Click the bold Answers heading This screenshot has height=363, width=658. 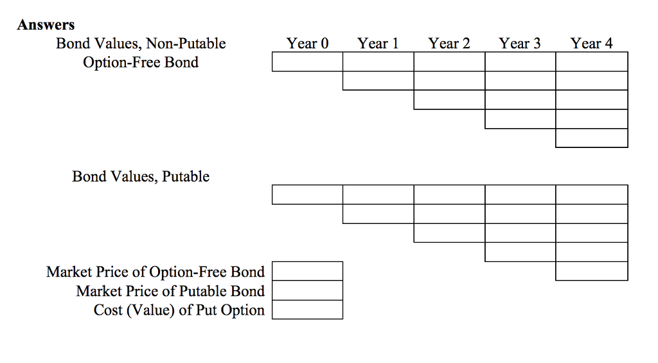pyautogui.click(x=46, y=25)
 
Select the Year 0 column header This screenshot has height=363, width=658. pyautogui.click(x=307, y=44)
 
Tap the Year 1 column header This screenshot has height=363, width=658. pyautogui.click(x=378, y=44)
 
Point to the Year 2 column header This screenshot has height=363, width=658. pyautogui.click(x=449, y=44)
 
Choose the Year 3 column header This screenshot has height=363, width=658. pyautogui.click(x=520, y=44)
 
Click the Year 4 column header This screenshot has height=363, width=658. pyautogui.click(x=591, y=44)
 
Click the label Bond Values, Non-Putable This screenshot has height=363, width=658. pyautogui.click(x=141, y=44)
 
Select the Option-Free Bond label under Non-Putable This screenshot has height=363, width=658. pyautogui.click(x=141, y=62)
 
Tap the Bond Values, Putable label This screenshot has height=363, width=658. pyautogui.click(x=141, y=176)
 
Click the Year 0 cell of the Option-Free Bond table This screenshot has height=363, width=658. pyautogui.click(x=307, y=62)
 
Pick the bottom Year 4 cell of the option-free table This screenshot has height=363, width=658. pyautogui.click(x=591, y=138)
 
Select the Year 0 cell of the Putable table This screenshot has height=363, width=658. pyautogui.click(x=307, y=194)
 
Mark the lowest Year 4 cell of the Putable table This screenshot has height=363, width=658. pyautogui.click(x=591, y=271)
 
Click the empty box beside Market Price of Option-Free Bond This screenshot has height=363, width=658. pyautogui.click(x=307, y=271)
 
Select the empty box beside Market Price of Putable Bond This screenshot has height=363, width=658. pyautogui.click(x=307, y=290)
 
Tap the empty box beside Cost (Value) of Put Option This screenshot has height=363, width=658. pyautogui.click(x=307, y=310)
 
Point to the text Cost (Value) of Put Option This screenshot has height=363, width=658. pyautogui.click(x=179, y=310)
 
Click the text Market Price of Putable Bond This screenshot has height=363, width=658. pyautogui.click(x=170, y=291)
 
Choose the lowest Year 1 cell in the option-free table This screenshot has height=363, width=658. pyautogui.click(x=378, y=81)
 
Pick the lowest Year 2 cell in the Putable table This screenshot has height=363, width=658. pyautogui.click(x=449, y=233)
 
